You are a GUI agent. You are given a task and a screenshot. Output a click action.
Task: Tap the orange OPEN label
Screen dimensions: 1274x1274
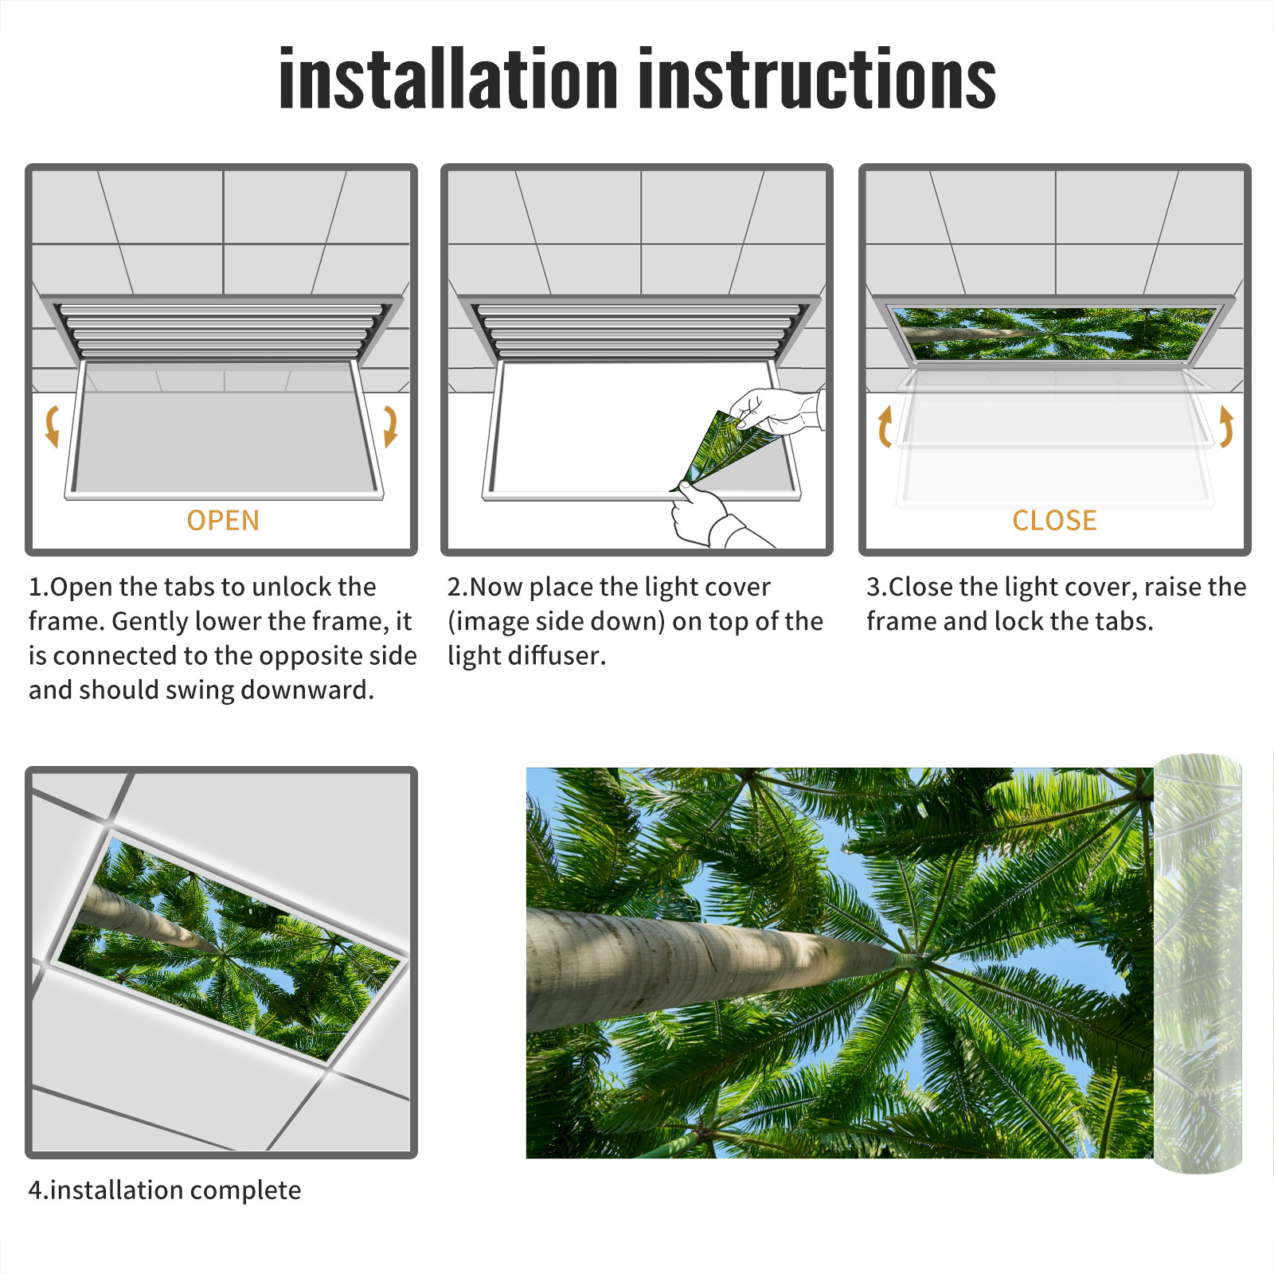point(223,521)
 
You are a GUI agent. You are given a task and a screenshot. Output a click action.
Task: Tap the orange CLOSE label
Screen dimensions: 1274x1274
point(1054,521)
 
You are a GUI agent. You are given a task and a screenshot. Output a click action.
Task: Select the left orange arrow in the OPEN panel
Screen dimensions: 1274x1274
point(53,426)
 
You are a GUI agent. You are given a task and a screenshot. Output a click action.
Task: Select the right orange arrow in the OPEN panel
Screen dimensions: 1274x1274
point(390,426)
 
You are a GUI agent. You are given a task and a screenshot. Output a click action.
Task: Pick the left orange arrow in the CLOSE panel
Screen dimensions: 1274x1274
point(885,426)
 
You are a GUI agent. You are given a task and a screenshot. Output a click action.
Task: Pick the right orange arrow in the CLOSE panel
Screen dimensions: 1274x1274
point(1226,426)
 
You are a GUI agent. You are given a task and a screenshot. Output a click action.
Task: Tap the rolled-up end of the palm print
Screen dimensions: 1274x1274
point(1198,963)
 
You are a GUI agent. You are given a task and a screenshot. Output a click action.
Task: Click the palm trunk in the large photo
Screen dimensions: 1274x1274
point(717,963)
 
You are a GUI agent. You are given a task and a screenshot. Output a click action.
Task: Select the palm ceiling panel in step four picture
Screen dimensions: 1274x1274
point(229,948)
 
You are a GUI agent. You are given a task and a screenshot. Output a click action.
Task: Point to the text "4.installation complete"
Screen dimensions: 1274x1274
point(165,1190)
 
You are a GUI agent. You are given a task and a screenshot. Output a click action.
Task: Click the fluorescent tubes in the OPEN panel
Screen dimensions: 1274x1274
point(221,330)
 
